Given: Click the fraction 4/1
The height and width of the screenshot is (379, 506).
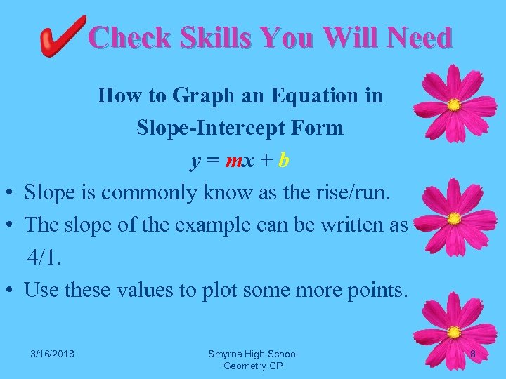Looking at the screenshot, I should pos(44,257).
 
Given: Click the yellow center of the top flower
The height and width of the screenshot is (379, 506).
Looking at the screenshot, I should pos(455,105).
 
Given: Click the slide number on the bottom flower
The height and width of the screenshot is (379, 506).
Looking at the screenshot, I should pos(472,354).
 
